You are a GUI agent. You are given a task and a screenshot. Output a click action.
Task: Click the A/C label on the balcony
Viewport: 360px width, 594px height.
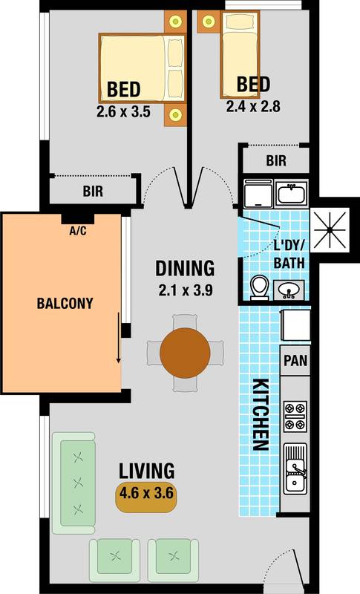(x=77, y=231)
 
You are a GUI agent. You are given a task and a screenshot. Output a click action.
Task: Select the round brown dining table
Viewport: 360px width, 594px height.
(x=186, y=352)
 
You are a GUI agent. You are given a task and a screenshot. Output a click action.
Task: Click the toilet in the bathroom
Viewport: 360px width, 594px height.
(x=260, y=287)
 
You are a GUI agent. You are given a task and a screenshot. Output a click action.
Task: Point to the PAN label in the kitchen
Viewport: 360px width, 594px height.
(x=295, y=362)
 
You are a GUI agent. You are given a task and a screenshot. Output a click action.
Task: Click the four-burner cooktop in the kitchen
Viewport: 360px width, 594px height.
(x=295, y=416)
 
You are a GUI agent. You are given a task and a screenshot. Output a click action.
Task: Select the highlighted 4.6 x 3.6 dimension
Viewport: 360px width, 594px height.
(x=147, y=495)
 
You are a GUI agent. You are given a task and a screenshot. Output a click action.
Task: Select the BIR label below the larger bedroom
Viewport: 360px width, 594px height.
(x=93, y=192)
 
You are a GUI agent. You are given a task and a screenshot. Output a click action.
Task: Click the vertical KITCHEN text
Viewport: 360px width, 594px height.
(x=260, y=415)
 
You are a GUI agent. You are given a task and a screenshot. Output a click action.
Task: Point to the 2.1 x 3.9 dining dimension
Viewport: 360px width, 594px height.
(x=185, y=290)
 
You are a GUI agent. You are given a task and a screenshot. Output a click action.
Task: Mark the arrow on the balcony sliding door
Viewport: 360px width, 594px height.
(x=117, y=338)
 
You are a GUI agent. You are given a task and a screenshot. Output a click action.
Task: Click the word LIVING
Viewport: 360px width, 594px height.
(x=147, y=471)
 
